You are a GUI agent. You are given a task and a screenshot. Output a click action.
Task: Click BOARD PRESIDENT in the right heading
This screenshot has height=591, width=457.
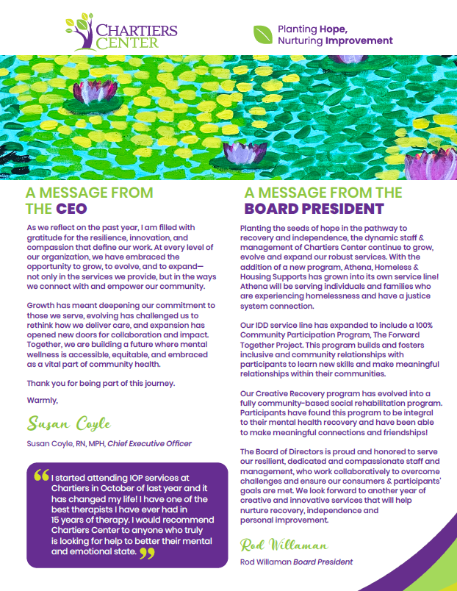[x=314, y=209]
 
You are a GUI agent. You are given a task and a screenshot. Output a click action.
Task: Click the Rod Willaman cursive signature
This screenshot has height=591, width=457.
[x=283, y=545]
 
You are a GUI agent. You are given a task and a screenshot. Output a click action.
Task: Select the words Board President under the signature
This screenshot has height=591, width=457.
[x=323, y=562]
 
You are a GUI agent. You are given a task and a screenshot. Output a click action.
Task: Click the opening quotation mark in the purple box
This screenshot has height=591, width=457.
[x=41, y=476]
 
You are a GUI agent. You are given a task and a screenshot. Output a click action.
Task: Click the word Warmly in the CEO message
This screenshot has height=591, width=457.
[x=42, y=400]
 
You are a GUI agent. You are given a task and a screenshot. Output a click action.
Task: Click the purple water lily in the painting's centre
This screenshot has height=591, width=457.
[x=238, y=151]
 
